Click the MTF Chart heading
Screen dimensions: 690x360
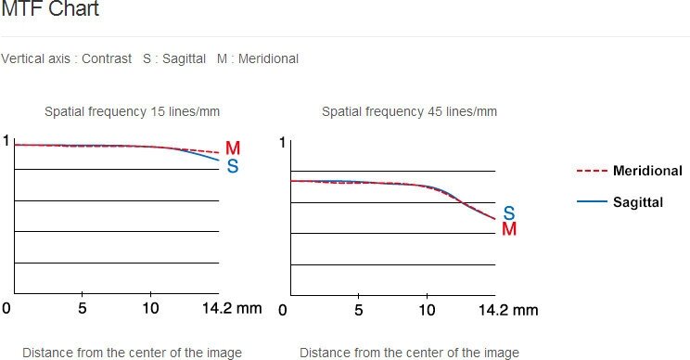point(50,8)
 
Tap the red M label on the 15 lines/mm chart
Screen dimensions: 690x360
point(233,148)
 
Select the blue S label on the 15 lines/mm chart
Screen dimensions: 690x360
point(233,166)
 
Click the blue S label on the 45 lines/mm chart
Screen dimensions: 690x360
point(509,213)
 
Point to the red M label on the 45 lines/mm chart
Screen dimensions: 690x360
point(509,229)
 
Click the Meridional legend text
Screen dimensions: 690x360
point(647,171)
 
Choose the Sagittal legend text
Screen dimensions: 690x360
point(638,202)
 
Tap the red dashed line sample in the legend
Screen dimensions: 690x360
point(592,171)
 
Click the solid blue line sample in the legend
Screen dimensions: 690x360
point(592,201)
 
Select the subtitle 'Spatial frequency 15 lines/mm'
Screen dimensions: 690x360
point(132,111)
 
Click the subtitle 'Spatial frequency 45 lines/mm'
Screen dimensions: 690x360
point(409,111)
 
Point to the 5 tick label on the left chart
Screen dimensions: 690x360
point(83,308)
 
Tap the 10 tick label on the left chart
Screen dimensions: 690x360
point(150,308)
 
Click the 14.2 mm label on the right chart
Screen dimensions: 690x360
point(508,310)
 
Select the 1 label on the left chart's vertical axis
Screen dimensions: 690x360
point(6,141)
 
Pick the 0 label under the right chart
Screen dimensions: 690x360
point(283,310)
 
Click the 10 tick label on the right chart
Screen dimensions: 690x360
point(427,310)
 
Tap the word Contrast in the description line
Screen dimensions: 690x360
point(107,58)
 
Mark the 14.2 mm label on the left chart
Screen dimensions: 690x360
point(232,308)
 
